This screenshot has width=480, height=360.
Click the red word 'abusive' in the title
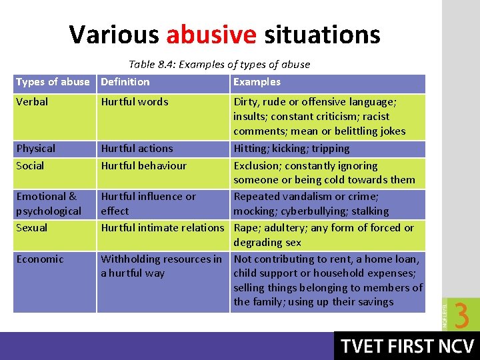tap(211, 35)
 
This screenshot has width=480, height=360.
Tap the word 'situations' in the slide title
tap(322, 35)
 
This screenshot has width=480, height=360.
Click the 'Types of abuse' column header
tap(53, 82)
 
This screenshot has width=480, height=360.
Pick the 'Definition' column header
tap(125, 82)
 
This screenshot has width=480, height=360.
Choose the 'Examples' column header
tap(257, 82)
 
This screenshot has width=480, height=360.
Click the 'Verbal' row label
tap(32, 102)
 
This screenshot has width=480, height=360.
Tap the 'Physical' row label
tap(35, 149)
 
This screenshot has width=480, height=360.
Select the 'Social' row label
tap(30, 166)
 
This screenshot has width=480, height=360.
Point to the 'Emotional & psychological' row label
tap(49, 203)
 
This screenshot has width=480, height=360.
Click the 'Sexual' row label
tap(32, 228)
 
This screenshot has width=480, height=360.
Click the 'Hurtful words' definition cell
tap(135, 102)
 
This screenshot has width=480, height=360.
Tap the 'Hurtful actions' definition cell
tap(137, 149)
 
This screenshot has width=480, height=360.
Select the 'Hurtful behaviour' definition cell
tap(143, 166)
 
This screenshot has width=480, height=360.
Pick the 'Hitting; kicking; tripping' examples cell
tap(291, 149)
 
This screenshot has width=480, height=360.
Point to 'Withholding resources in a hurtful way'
tap(161, 266)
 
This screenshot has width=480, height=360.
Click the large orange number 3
tap(461, 315)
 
